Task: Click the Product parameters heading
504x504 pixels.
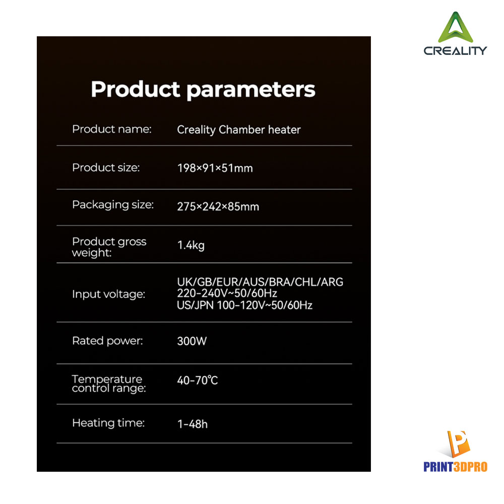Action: click(x=203, y=89)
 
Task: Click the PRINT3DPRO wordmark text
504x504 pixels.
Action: click(x=456, y=467)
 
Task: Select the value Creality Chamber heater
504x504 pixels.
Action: click(x=239, y=130)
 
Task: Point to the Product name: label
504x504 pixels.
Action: click(x=112, y=129)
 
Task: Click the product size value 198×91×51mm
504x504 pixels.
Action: click(x=215, y=168)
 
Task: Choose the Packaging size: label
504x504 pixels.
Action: click(x=113, y=205)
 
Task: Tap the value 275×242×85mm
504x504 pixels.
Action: click(x=218, y=207)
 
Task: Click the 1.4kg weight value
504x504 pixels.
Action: click(x=191, y=245)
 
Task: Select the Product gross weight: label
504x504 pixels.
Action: click(x=109, y=247)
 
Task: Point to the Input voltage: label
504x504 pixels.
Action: click(x=109, y=294)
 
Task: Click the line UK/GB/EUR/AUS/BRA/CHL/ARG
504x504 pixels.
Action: click(x=260, y=282)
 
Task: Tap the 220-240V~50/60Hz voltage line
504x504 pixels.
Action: click(x=227, y=293)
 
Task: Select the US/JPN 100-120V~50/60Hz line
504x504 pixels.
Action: click(x=244, y=305)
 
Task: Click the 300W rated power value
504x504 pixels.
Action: click(x=192, y=341)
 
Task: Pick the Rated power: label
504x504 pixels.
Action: click(x=108, y=341)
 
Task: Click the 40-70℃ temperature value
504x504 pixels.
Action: click(x=198, y=381)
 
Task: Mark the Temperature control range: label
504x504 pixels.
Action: click(x=109, y=384)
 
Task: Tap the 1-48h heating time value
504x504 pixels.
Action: click(x=193, y=424)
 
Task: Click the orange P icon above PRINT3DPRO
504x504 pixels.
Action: click(x=458, y=444)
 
